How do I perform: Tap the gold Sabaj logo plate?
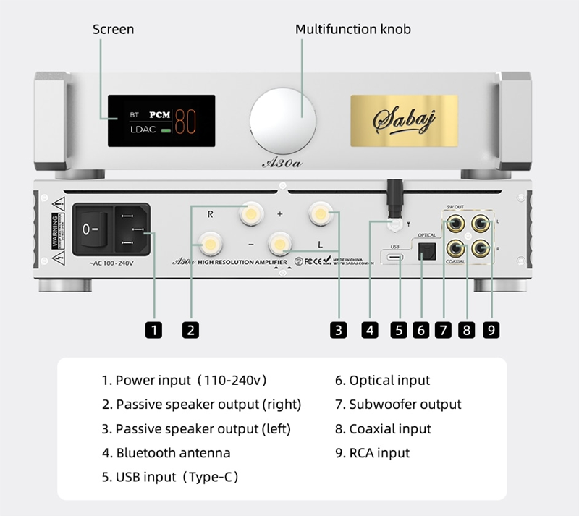[x=404, y=119]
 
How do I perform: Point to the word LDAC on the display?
[x=143, y=130]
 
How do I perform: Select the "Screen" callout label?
[x=114, y=30]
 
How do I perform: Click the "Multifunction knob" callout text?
[x=353, y=30]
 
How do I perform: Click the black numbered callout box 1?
[x=153, y=330]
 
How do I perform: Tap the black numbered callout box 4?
[x=370, y=330]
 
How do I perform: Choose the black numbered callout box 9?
[x=491, y=330]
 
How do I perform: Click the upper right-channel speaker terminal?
[x=250, y=213]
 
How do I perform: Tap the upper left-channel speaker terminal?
[x=320, y=213]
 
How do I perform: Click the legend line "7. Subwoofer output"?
[x=398, y=405]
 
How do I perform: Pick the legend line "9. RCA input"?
[x=372, y=453]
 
